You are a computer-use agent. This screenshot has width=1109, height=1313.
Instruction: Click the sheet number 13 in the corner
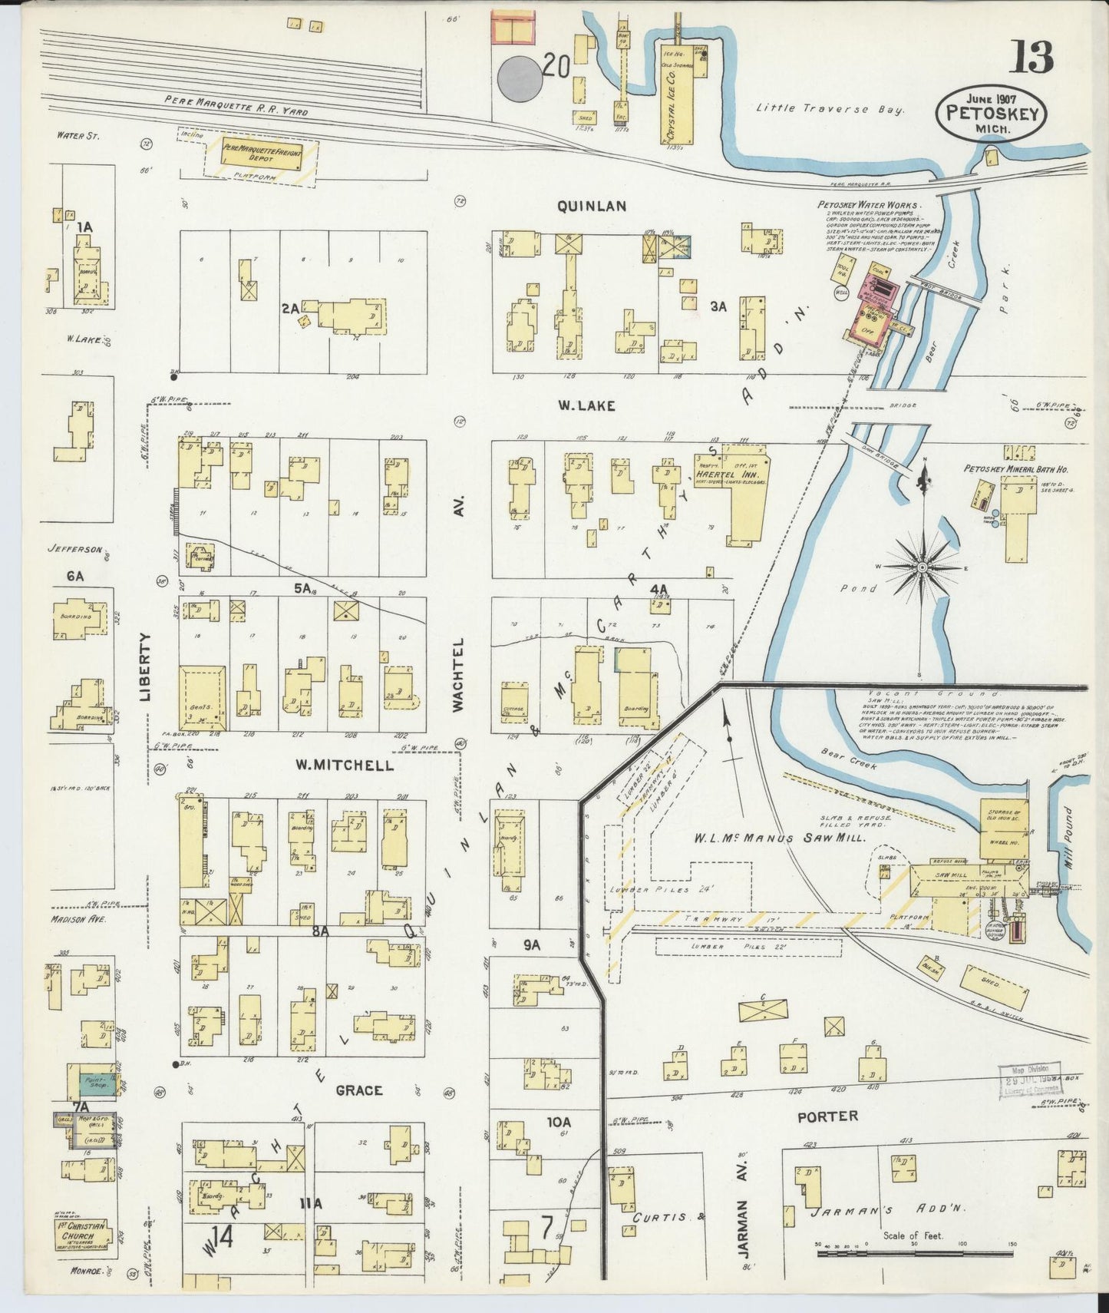tap(1030, 57)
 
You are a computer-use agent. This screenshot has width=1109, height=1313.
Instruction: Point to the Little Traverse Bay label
tap(830, 109)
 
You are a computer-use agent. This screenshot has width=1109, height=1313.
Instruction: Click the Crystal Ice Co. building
tap(678, 96)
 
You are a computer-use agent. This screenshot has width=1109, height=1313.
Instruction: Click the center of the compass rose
tap(921, 567)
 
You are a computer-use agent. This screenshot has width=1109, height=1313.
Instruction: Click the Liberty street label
tap(146, 667)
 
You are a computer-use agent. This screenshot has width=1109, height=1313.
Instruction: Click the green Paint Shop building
tap(92, 1084)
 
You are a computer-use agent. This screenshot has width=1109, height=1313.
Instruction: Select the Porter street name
tap(827, 1116)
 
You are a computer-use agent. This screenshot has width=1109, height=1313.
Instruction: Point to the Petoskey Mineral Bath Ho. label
tap(1016, 468)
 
